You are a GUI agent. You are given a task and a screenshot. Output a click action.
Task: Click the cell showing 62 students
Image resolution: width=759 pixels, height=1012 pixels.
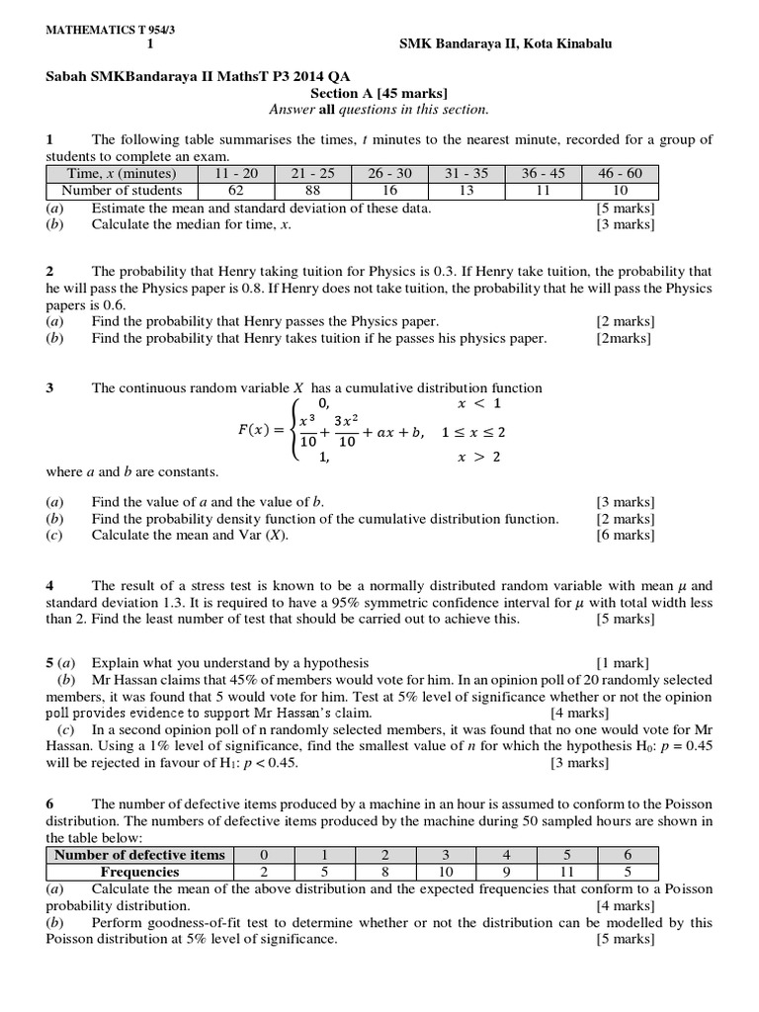point(236,190)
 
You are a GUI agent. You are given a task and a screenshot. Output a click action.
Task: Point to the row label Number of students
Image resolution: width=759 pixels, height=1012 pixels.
point(122,190)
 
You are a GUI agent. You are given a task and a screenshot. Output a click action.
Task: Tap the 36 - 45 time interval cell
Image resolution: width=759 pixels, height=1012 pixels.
point(543,173)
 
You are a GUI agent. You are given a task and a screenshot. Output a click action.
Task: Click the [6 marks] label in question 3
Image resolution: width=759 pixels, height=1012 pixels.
point(625,535)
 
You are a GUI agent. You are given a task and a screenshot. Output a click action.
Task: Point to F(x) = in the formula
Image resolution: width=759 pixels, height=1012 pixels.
point(259,431)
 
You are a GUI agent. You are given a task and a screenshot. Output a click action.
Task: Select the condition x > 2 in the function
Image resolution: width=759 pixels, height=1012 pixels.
point(477,458)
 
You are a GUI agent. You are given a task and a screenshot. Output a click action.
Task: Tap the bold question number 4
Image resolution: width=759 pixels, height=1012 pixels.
point(50,586)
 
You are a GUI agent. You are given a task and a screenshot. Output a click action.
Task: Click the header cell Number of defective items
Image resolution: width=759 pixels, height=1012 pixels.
point(139,855)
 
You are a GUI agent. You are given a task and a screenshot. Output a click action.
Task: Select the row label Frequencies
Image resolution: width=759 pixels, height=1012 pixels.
point(139,872)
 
